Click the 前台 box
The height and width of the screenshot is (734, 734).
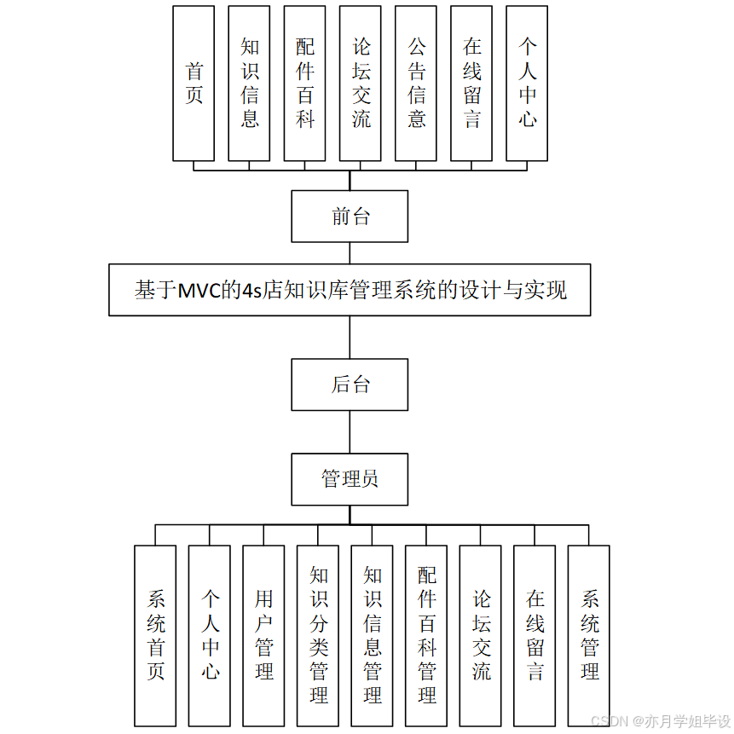click(350, 217)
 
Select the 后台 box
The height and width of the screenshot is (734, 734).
click(350, 384)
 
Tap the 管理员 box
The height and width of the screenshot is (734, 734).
click(350, 479)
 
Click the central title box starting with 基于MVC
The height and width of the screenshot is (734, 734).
click(350, 291)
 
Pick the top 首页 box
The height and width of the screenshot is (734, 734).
click(194, 84)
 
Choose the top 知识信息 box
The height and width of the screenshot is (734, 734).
click(249, 84)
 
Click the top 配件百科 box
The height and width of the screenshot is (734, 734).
click(304, 84)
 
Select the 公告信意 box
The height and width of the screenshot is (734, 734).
click(416, 84)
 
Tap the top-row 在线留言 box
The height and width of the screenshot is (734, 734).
click(471, 84)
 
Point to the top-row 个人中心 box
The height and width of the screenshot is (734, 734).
click(527, 84)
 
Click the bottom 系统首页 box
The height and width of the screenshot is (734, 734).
click(155, 636)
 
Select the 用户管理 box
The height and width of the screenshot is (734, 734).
click(263, 636)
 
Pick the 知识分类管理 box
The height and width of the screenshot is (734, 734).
click(318, 636)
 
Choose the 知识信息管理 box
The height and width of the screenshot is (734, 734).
click(372, 636)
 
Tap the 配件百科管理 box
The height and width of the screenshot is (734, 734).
click(426, 636)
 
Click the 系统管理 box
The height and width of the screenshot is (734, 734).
click(589, 636)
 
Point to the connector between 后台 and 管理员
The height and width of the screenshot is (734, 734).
click(350, 432)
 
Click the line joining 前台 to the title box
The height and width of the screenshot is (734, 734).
click(350, 253)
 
